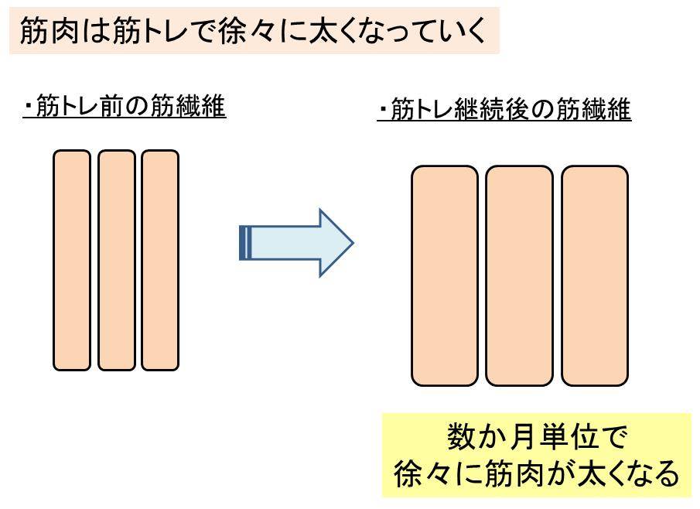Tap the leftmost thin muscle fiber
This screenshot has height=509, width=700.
[72, 260]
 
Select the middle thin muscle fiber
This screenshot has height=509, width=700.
[116, 260]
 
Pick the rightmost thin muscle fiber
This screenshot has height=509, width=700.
[160, 260]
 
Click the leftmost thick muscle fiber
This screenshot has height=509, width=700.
[445, 275]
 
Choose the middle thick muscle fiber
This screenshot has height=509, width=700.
[520, 275]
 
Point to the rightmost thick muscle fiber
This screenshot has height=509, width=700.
[595, 275]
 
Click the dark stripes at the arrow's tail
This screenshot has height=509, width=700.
[245, 243]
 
